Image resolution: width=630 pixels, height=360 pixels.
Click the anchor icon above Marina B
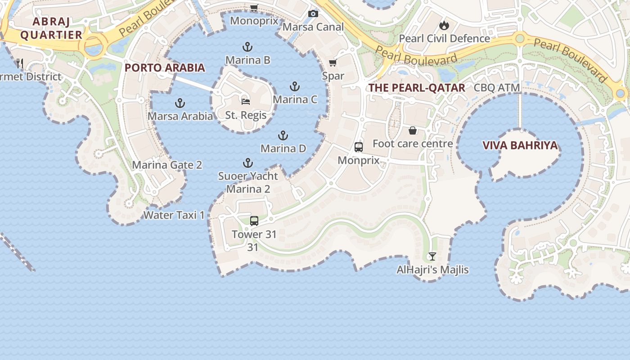(247, 46)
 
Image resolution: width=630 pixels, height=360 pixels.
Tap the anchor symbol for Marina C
(295, 86)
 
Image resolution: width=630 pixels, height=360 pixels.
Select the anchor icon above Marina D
(283, 135)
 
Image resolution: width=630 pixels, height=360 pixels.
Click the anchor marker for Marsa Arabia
(180, 103)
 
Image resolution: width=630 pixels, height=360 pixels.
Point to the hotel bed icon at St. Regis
(246, 101)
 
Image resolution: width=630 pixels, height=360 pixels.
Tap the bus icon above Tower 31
(254, 221)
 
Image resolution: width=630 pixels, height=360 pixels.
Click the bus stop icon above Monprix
(359, 147)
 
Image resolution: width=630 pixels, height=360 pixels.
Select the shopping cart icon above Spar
(333, 63)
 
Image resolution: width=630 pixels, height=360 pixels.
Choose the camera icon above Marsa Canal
(313, 14)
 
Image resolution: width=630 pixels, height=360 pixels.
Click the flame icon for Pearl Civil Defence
(445, 25)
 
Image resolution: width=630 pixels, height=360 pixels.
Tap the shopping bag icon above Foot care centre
(413, 130)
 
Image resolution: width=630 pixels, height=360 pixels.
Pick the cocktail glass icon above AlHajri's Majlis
(432, 256)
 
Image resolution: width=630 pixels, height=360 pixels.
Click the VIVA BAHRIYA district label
(520, 145)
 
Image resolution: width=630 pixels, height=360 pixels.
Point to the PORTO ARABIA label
(165, 68)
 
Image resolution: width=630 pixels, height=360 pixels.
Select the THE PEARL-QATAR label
(417, 88)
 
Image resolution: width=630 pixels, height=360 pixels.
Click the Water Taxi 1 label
(174, 215)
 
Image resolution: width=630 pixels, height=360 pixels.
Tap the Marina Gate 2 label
(167, 165)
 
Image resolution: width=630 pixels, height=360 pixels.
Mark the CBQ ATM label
(497, 88)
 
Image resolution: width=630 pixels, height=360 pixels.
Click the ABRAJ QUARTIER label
(51, 28)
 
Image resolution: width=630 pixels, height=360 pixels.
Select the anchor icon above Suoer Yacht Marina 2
(248, 163)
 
